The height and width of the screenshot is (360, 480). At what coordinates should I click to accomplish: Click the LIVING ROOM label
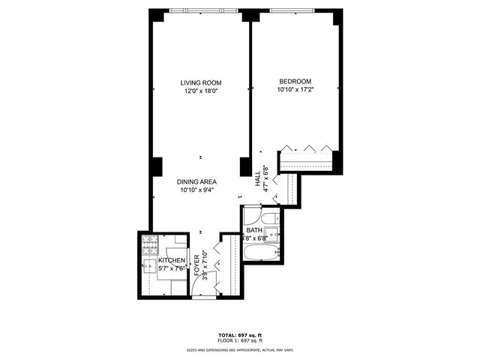point(200,82)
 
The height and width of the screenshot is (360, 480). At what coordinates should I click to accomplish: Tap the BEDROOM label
point(295,81)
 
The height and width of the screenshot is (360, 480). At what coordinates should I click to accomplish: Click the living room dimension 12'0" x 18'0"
point(200,91)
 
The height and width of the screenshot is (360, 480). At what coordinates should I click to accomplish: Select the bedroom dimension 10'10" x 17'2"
point(295,90)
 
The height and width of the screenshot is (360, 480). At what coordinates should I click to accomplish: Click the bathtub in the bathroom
point(263,253)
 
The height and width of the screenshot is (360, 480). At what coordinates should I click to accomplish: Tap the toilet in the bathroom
point(272,217)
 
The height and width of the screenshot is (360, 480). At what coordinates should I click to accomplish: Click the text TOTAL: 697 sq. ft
point(240,334)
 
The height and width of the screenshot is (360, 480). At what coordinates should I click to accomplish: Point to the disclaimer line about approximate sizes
point(240,349)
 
